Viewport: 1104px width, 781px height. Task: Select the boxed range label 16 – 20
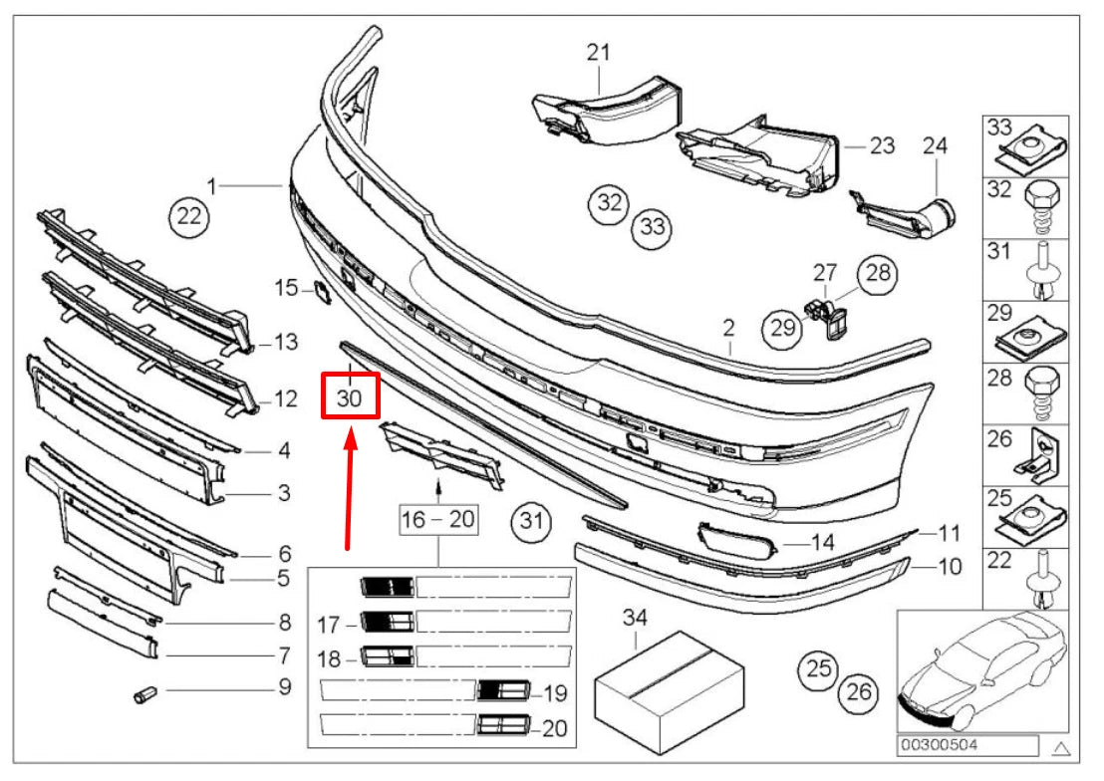(439, 520)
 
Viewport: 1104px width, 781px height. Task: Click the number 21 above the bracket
(598, 52)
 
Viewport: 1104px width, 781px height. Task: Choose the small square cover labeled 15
(322, 290)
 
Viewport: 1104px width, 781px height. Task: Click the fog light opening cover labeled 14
(738, 542)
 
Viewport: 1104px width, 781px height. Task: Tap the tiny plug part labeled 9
(143, 692)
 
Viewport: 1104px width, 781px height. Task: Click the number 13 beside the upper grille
(286, 343)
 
